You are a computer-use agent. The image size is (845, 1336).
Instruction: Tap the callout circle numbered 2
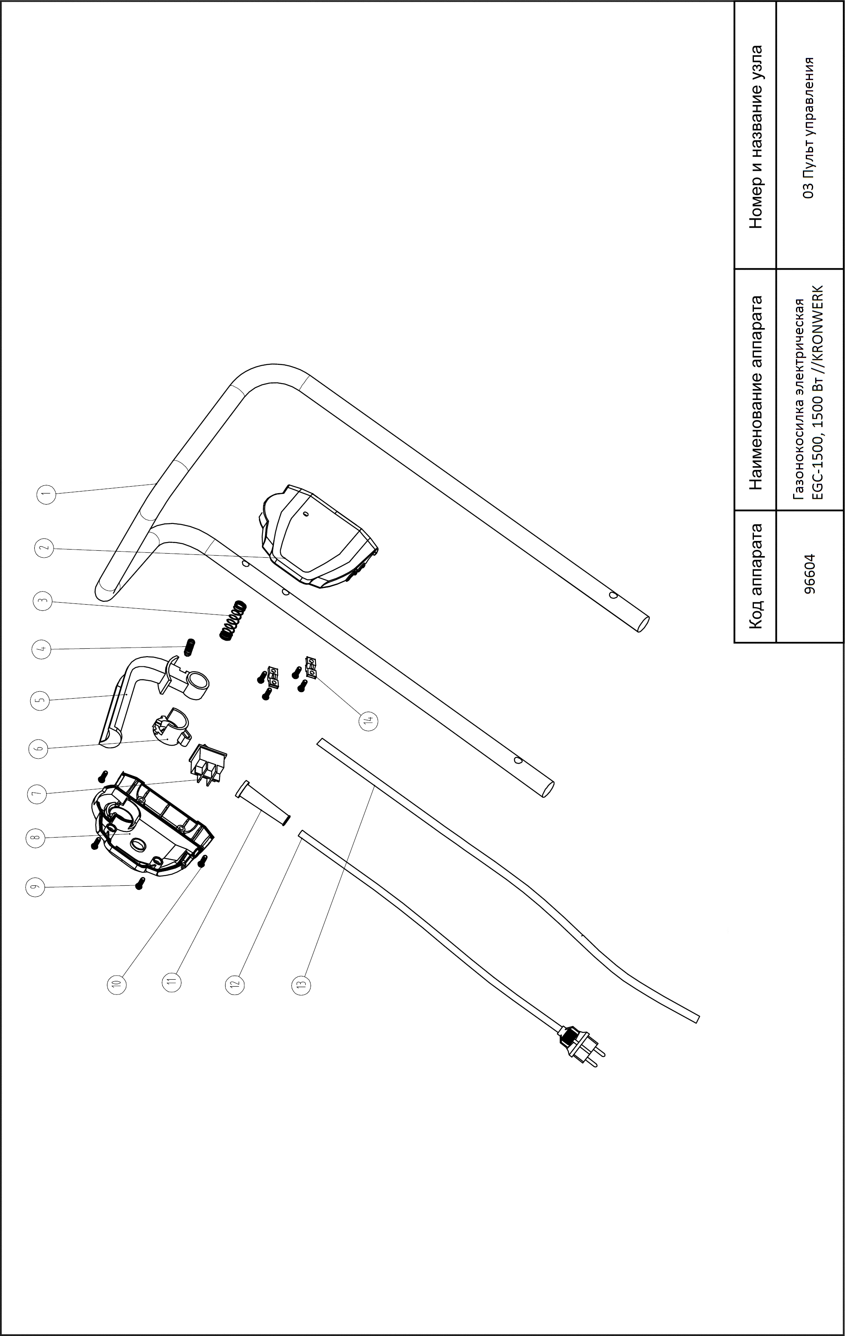pos(45,548)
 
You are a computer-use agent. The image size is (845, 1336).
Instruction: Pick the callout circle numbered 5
pos(40,699)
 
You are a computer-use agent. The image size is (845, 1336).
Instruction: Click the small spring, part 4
pos(190,647)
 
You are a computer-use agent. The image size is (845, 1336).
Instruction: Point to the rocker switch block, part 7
pos(208,764)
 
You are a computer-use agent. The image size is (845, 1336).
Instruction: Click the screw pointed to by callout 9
pos(140,883)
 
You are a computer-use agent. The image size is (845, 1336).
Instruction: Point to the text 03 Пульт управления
pos(809,127)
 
